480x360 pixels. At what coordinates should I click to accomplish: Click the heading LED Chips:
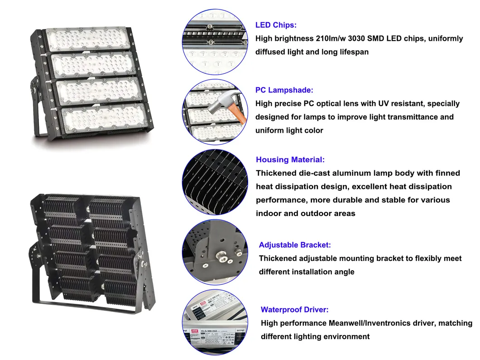pyautogui.click(x=276, y=25)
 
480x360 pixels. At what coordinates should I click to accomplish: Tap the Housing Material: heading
pyautogui.click(x=290, y=160)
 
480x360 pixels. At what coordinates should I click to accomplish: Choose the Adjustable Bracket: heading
pyautogui.click(x=295, y=245)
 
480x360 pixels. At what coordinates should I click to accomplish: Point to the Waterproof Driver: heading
pyautogui.click(x=294, y=310)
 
